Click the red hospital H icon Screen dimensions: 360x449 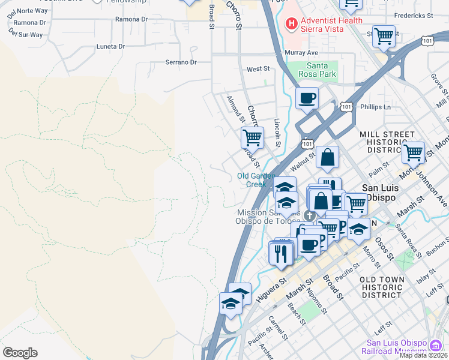click(291, 24)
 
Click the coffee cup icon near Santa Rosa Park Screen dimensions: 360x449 click(307, 98)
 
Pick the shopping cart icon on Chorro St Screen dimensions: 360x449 click(252, 137)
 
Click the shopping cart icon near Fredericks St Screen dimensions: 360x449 click(384, 36)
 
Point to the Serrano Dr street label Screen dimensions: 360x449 click(181, 62)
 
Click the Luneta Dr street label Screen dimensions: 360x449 click(110, 46)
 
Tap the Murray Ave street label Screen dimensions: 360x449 click(301, 53)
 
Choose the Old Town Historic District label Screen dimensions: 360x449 click(388, 287)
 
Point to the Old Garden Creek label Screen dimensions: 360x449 click(256, 180)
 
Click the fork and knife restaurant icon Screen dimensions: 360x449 click(280, 253)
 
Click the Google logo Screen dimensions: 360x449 click(20, 353)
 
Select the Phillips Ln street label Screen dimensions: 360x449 click(375, 107)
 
